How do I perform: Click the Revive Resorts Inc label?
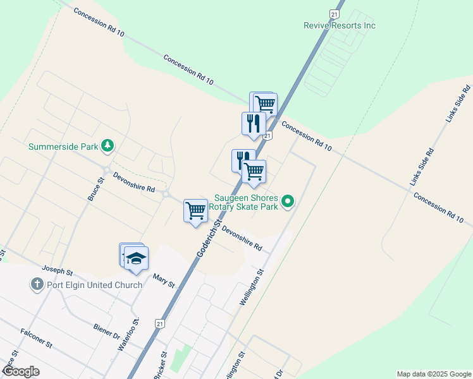(340, 25)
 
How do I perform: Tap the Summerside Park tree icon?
(107, 147)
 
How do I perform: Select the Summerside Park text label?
(63, 147)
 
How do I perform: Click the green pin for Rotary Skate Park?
(288, 202)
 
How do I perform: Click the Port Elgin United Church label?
(94, 284)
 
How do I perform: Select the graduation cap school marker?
(136, 258)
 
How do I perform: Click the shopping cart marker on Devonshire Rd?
(196, 210)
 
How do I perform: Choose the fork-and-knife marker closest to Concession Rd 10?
(253, 123)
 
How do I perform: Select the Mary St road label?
(163, 280)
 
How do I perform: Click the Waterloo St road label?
(128, 335)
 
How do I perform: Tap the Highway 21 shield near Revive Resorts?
(335, 14)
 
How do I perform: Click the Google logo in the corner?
(20, 371)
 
